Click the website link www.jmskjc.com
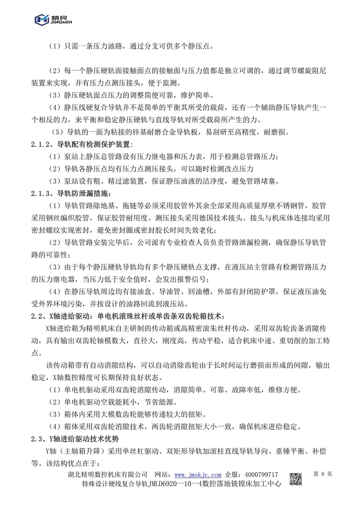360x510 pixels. (198, 475)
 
